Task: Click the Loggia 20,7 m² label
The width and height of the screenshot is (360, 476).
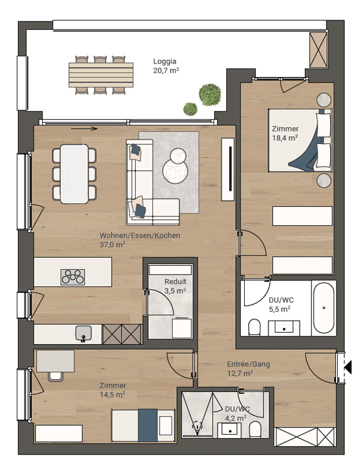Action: coord(166,66)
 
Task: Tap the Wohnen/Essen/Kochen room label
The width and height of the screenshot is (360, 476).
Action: coord(140,235)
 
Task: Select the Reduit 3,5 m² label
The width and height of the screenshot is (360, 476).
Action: coord(175,286)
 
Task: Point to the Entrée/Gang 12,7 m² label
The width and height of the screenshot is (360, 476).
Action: coord(248,368)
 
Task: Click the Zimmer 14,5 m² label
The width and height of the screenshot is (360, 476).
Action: coord(113,390)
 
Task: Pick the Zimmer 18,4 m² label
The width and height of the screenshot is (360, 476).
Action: coord(285,133)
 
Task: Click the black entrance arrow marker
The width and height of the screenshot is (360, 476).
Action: coord(348,367)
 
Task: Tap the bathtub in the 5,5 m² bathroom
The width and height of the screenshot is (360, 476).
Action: coord(323,308)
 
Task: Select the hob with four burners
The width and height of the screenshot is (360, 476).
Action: coord(73,277)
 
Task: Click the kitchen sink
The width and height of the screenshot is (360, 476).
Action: coord(83,333)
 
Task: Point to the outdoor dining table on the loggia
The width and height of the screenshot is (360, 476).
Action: coord(101,75)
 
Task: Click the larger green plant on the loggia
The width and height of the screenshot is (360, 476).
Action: coord(209,94)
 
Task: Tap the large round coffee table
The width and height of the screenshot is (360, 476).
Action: coord(175,172)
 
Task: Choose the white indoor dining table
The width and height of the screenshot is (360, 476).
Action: coord(74,174)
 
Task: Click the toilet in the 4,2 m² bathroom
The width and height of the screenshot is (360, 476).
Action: coord(255,430)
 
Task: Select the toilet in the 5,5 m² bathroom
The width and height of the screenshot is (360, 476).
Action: coord(254,327)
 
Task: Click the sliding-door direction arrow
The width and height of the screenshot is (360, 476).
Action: coord(84,128)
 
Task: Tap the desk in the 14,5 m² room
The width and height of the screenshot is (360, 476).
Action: coord(55,361)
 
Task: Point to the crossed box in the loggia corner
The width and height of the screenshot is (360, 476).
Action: coord(319,50)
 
